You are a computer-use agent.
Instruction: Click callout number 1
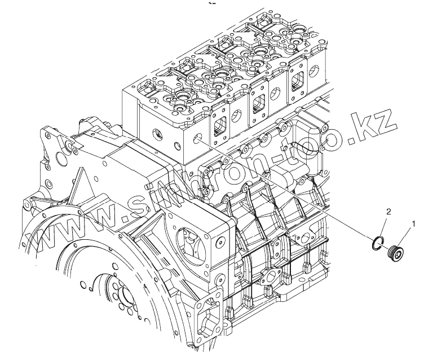pyautogui.click(x=414, y=223)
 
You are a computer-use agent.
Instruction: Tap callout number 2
pyautogui.click(x=387, y=212)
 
